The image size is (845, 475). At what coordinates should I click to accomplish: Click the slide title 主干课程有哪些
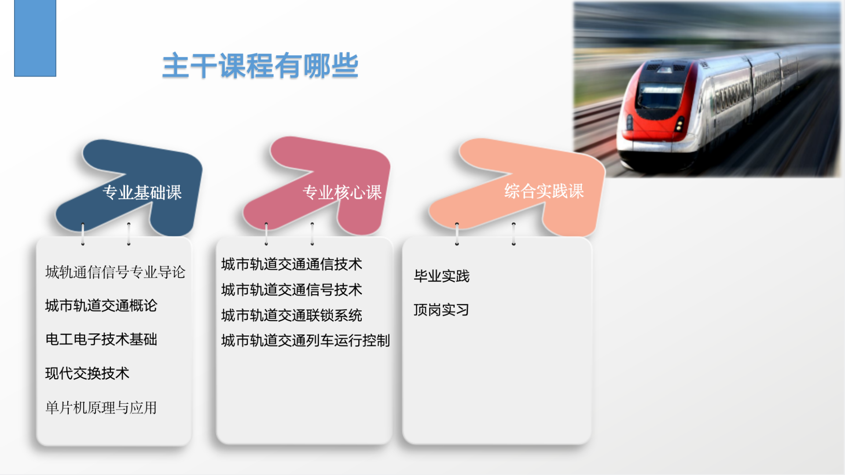click(260, 66)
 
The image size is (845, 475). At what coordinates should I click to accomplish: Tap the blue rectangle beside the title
click(35, 38)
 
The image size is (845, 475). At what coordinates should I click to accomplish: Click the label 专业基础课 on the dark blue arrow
click(142, 193)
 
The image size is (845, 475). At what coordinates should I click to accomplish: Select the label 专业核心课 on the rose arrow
click(342, 193)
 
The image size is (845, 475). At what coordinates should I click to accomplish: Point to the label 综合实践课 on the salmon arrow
click(544, 191)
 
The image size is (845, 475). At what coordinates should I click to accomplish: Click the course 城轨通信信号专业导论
click(115, 272)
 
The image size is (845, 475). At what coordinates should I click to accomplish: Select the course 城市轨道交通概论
click(101, 306)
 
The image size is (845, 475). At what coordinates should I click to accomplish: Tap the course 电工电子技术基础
click(101, 340)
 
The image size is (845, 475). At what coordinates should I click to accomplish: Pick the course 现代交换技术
click(87, 373)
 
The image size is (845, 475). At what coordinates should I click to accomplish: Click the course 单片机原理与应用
click(101, 408)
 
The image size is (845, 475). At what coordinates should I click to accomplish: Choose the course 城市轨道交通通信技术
click(292, 264)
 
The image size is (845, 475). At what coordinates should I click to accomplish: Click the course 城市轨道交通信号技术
click(292, 290)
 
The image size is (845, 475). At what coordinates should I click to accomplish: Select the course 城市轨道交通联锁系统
click(292, 315)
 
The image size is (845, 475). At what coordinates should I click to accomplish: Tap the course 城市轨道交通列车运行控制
click(306, 340)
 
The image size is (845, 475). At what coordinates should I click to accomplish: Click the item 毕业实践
click(442, 276)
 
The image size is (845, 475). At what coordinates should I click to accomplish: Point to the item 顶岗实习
click(441, 310)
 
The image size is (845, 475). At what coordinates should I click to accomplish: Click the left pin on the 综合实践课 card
click(457, 234)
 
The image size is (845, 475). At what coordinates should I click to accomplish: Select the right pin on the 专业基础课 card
click(129, 234)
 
